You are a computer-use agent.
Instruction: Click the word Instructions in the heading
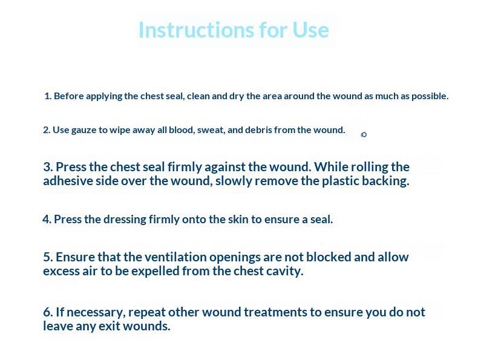pos(196,30)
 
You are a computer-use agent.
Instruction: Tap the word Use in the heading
pos(310,30)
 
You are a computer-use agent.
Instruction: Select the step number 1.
pos(48,96)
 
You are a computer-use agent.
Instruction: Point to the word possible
pos(430,96)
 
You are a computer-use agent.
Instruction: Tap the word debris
pos(258,130)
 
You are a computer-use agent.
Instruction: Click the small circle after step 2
pos(364,134)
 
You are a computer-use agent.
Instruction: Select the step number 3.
pos(48,167)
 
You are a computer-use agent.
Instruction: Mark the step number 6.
pos(48,312)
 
